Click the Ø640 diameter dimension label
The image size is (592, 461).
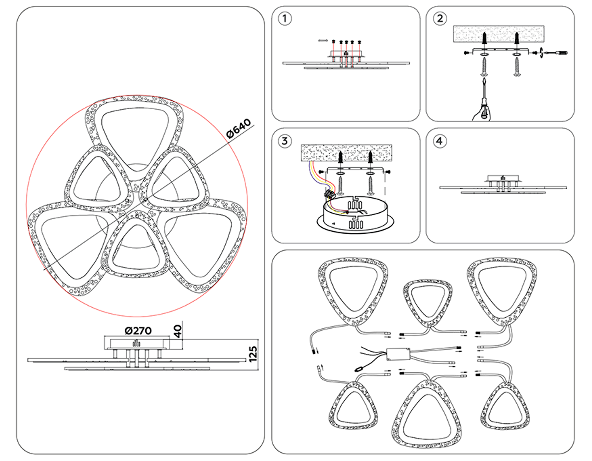pyautogui.click(x=238, y=128)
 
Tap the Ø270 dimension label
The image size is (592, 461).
pyautogui.click(x=138, y=331)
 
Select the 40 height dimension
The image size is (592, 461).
pyautogui.click(x=178, y=331)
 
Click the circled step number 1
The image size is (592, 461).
pyautogui.click(x=284, y=18)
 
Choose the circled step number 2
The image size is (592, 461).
pyautogui.click(x=440, y=18)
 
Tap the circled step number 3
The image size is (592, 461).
pyautogui.click(x=284, y=141)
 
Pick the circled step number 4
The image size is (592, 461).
pyautogui.click(x=440, y=141)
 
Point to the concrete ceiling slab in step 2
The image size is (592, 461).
pyautogui.click(x=498, y=34)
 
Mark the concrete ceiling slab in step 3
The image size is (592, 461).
pyautogui.click(x=346, y=152)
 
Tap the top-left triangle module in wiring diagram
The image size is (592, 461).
pyautogui.click(x=353, y=290)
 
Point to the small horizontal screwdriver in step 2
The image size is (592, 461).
pyautogui.click(x=556, y=53)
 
